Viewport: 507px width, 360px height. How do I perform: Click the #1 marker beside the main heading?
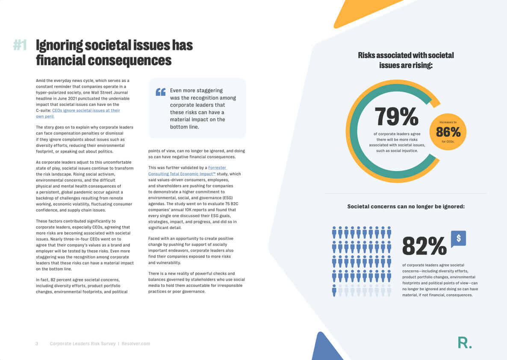coord(20,45)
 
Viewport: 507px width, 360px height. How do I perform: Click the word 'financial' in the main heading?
coord(60,60)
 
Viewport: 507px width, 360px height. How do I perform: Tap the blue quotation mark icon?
coord(160,92)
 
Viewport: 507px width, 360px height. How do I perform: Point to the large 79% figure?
coord(396,116)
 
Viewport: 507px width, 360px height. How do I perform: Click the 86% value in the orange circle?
coord(448,132)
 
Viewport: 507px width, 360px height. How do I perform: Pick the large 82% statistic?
coord(424,245)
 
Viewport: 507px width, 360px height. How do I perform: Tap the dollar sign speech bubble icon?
coord(458,239)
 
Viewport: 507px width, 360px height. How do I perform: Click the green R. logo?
coord(464,342)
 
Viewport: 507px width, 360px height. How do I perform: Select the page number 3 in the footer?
coord(37,343)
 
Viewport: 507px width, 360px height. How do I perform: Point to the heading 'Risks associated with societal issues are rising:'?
coord(406,60)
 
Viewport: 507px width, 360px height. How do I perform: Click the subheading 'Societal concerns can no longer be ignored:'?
coord(406,207)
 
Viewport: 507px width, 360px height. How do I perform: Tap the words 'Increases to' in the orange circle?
coord(448,122)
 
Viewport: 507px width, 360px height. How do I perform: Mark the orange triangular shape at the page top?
coord(363,11)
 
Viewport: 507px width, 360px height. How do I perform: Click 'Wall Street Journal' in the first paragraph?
coord(109,92)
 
